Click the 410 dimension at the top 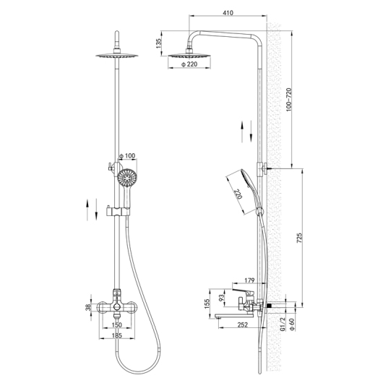coord(228,12)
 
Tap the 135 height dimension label coord(159,43)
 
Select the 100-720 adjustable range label coord(289,100)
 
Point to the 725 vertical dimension coord(299,238)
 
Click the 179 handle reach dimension coord(249,280)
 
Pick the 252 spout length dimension coord(242,324)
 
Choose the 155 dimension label coord(207,304)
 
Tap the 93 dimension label coord(221,297)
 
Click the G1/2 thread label coord(283,324)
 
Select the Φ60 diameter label coord(292,325)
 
